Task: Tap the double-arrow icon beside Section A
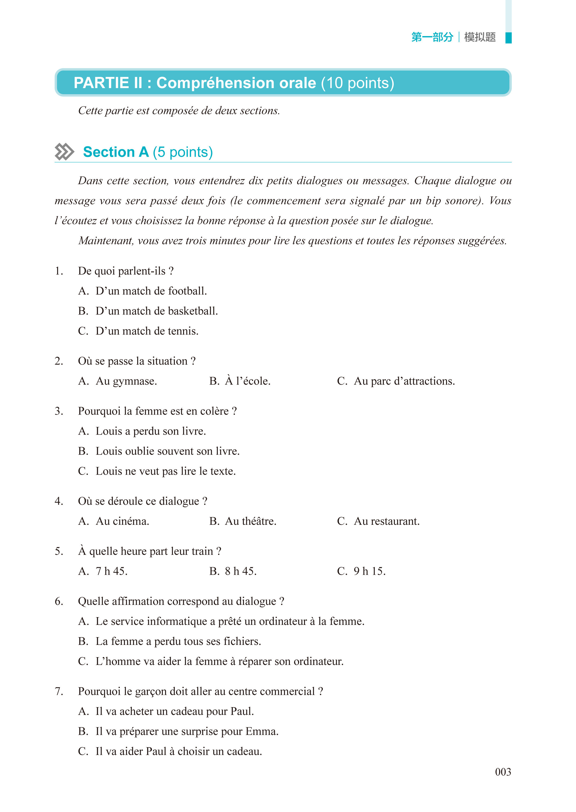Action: (65, 152)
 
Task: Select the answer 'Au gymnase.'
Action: (126, 381)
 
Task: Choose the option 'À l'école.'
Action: (248, 381)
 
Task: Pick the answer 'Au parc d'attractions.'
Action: (404, 381)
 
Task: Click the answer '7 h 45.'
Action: (111, 571)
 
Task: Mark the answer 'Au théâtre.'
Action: (250, 521)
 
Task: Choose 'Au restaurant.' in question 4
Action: (386, 521)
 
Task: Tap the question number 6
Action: (58, 601)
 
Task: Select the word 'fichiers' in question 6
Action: (241, 641)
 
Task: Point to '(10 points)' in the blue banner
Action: (357, 83)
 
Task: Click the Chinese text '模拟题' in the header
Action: (480, 37)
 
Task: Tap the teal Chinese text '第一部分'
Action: (432, 37)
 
